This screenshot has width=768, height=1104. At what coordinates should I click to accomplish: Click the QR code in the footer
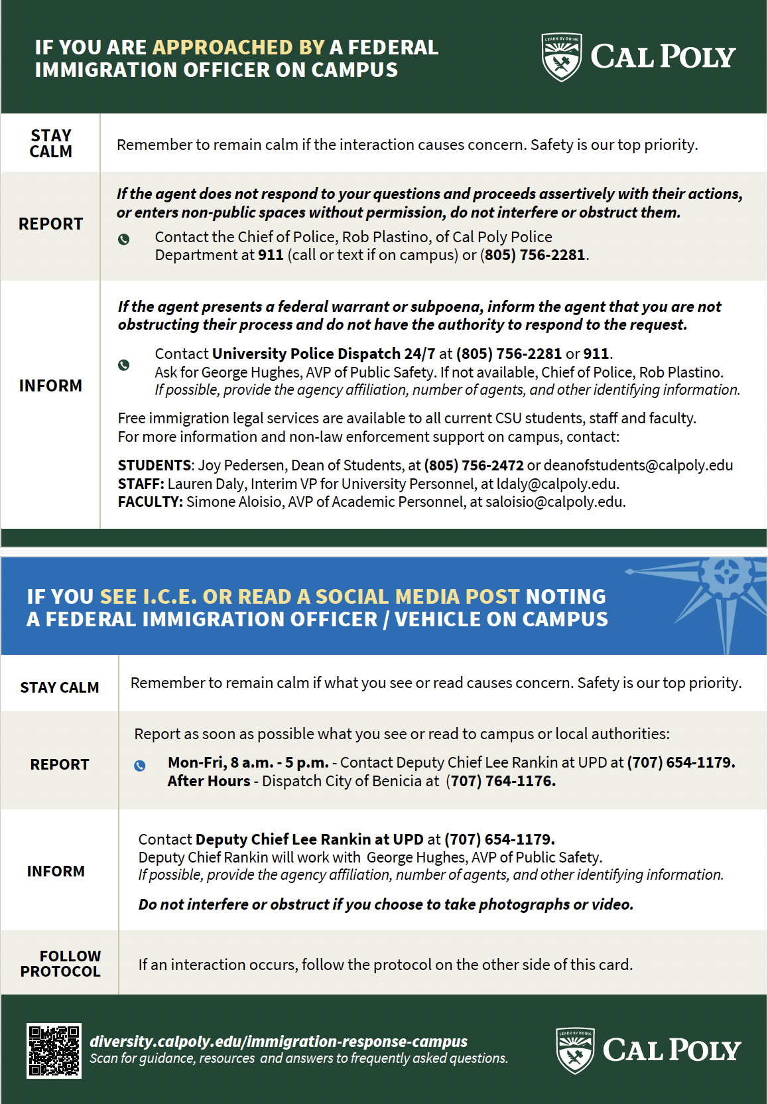coord(54,1050)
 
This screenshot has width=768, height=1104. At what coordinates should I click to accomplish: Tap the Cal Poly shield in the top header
coord(562,57)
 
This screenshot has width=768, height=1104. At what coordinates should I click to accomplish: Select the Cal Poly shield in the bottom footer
coord(575,1050)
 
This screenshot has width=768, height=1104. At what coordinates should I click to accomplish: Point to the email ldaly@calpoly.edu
coord(557,484)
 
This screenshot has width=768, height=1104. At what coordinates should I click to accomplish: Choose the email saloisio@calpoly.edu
coord(554,502)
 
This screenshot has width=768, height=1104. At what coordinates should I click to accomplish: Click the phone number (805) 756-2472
coord(474,466)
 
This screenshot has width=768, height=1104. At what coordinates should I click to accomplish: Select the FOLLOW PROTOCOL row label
coord(60,963)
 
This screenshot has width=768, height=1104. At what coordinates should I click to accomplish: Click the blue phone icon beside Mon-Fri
coord(140,766)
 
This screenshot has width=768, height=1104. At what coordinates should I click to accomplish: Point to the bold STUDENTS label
coord(155,466)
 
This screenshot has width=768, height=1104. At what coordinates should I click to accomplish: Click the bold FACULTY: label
coord(150,502)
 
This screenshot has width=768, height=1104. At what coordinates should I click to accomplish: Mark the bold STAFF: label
coord(141,484)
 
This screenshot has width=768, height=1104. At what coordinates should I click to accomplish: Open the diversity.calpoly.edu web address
coord(279,1042)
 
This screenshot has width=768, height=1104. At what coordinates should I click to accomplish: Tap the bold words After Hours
coord(209,782)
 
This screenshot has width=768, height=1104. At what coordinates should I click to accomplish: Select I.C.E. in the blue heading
coord(170,597)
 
